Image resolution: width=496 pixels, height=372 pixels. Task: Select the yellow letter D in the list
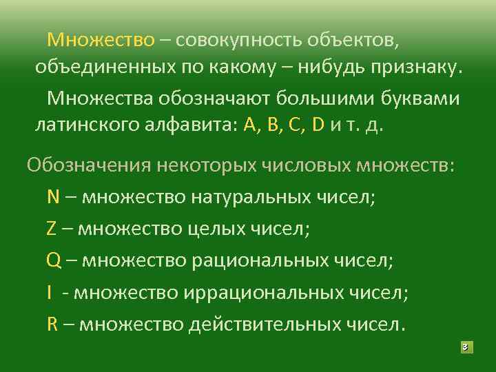click(318, 127)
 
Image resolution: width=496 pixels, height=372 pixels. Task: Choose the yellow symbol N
click(53, 197)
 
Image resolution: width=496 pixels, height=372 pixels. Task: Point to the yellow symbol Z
click(52, 229)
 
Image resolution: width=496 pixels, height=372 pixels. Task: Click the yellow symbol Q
click(54, 260)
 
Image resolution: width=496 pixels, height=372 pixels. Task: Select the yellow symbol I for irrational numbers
click(50, 292)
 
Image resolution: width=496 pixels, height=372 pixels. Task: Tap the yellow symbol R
click(52, 324)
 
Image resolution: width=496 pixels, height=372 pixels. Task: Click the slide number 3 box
click(466, 347)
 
